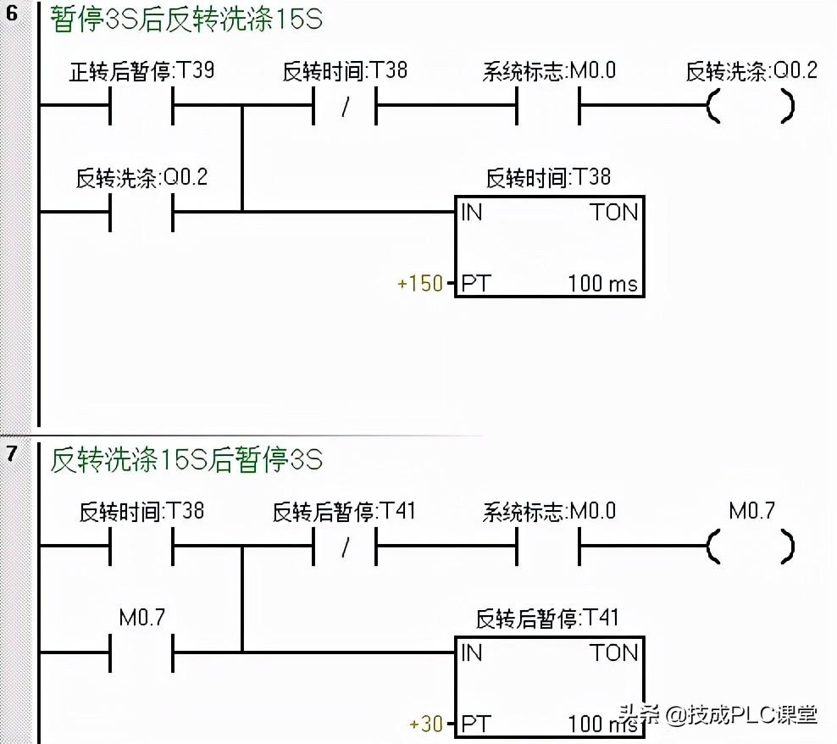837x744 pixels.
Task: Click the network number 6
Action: pyautogui.click(x=12, y=14)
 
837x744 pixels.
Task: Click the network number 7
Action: pyautogui.click(x=12, y=453)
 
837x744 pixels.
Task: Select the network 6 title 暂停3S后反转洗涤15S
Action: pyautogui.click(x=186, y=19)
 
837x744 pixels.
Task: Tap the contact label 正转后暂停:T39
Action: pyautogui.click(x=141, y=71)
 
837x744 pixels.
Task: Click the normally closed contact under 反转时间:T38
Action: pyautogui.click(x=345, y=108)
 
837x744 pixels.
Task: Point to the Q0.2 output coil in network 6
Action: pyautogui.click(x=750, y=108)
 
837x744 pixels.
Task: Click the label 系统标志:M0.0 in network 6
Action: pyautogui.click(x=549, y=71)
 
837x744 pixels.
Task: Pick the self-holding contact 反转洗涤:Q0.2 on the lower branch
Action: pyautogui.click(x=141, y=211)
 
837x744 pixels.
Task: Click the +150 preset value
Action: pyautogui.click(x=420, y=283)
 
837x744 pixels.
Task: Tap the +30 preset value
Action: pyautogui.click(x=426, y=725)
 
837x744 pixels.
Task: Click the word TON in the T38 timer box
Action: pyautogui.click(x=614, y=212)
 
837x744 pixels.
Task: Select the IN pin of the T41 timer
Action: pyautogui.click(x=472, y=652)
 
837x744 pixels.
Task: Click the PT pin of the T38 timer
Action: pyautogui.click(x=474, y=284)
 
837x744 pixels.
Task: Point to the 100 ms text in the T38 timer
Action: pyautogui.click(x=602, y=284)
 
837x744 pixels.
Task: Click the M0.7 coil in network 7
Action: pyautogui.click(x=750, y=547)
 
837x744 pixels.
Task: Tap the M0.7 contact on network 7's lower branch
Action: pyautogui.click(x=141, y=652)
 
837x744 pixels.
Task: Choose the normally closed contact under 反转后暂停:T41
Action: pyautogui.click(x=345, y=547)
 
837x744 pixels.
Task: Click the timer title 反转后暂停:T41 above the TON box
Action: pyautogui.click(x=546, y=618)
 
